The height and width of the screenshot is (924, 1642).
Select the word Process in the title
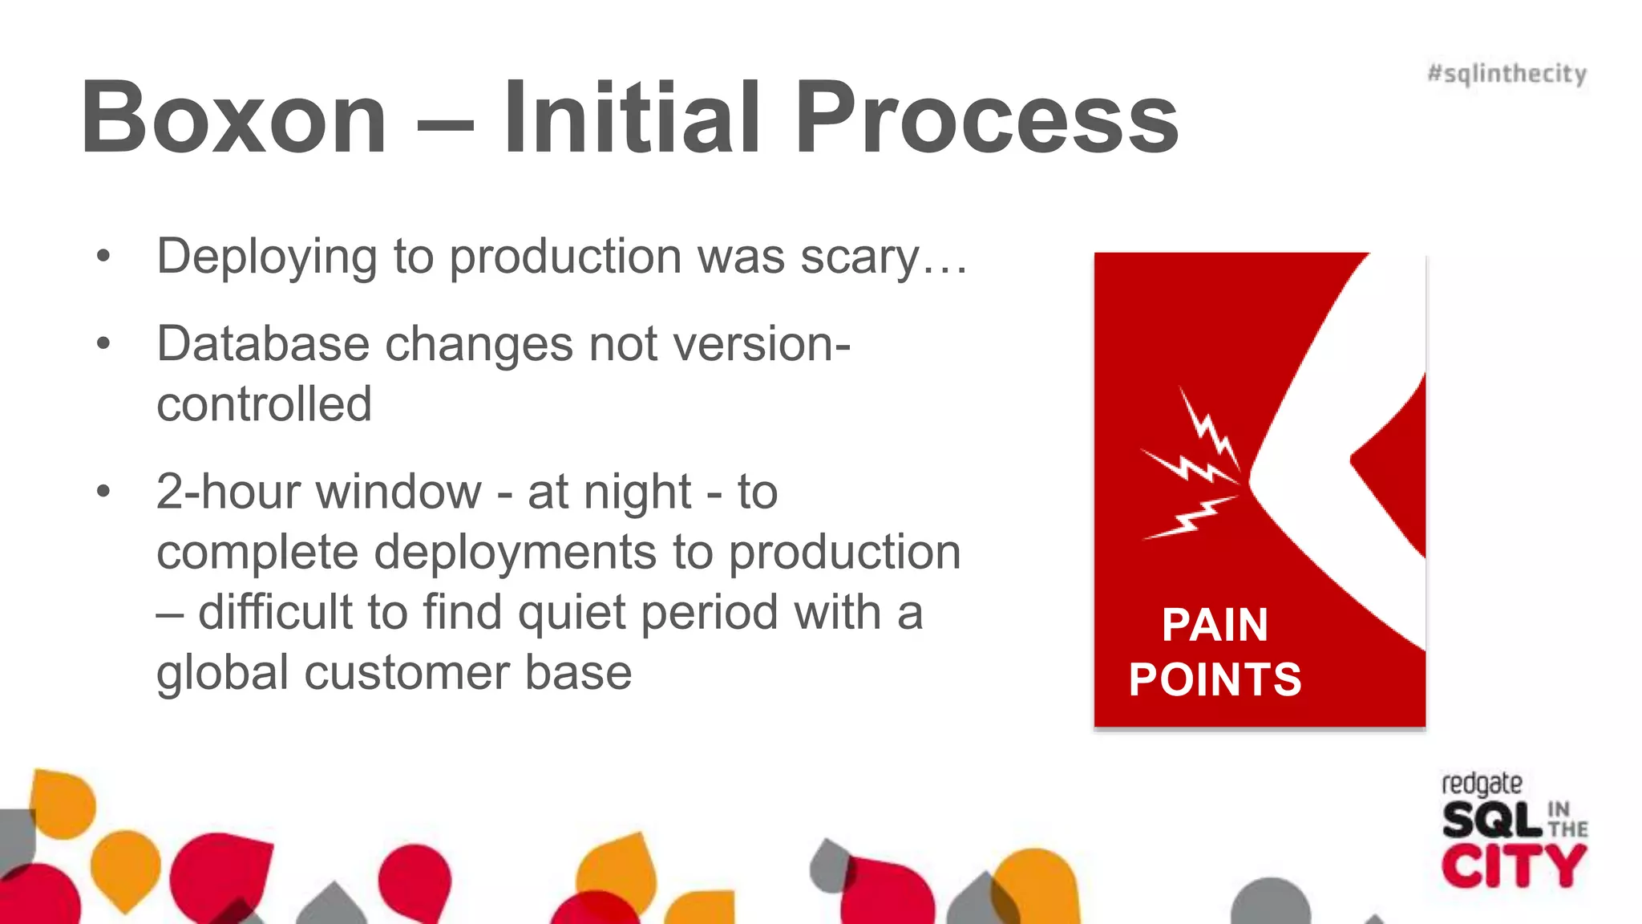tap(986, 119)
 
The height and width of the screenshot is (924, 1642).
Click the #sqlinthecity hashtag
tap(1507, 74)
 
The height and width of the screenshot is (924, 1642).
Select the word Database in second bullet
tap(263, 344)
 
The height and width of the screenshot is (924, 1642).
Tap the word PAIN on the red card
tap(1215, 625)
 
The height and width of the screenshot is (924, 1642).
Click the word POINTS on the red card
tap(1215, 679)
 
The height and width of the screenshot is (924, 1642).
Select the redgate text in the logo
tap(1481, 784)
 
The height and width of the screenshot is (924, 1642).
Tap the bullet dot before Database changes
tap(103, 344)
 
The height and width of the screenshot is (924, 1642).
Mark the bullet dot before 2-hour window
tap(103, 491)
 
